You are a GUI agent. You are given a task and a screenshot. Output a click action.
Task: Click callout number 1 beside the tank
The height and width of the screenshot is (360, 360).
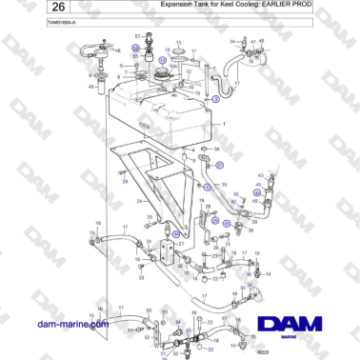coord(223,125)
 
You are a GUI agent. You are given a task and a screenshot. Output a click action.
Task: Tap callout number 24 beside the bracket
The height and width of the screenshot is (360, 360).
coord(138,202)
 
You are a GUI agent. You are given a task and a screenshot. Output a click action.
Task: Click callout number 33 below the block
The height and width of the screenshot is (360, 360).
coord(140,279)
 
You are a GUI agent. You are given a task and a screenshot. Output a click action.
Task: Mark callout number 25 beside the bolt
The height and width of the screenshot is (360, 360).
coord(124,190)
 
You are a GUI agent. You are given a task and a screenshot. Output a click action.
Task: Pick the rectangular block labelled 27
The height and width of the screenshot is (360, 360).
coord(169,251)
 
